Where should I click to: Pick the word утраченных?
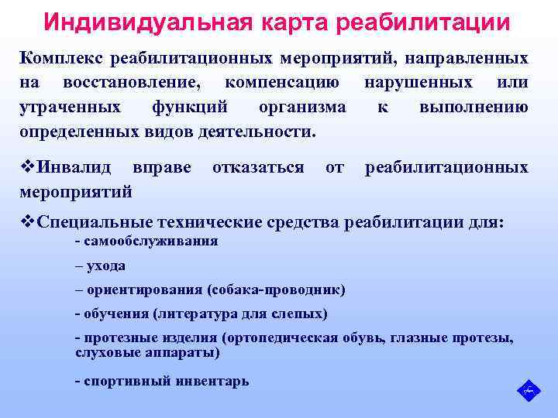pyautogui.click(x=70, y=107)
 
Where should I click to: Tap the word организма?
pyautogui.click(x=303, y=107)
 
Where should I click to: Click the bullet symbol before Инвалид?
pyautogui.click(x=27, y=167)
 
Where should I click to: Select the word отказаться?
pyautogui.click(x=258, y=167)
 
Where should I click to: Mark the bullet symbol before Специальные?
pyautogui.click(x=27, y=223)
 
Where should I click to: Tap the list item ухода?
pyautogui.click(x=106, y=266)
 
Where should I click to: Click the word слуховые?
pyautogui.click(x=104, y=353)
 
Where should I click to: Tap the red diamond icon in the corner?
pyautogui.click(x=529, y=389)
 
